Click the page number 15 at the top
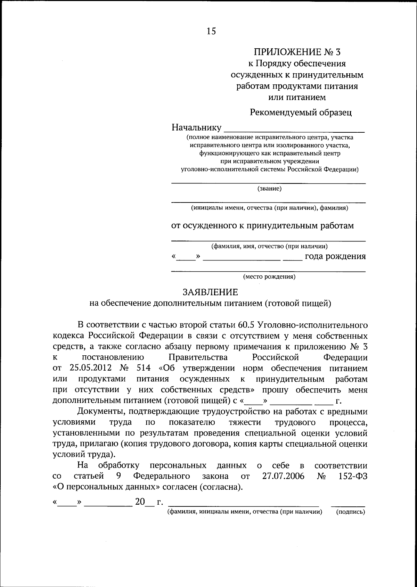[x=211, y=31]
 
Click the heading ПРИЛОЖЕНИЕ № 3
[x=297, y=52]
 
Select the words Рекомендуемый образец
[x=301, y=112]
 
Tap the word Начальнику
[x=196, y=127]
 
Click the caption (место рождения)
[x=269, y=277]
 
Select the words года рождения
[x=335, y=256]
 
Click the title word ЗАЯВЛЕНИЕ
[x=211, y=292]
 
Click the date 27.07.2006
[x=283, y=476]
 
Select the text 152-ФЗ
[x=353, y=476]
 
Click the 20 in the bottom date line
[x=140, y=502]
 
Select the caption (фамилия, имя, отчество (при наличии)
[x=269, y=246]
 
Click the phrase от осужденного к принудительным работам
[x=262, y=226]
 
